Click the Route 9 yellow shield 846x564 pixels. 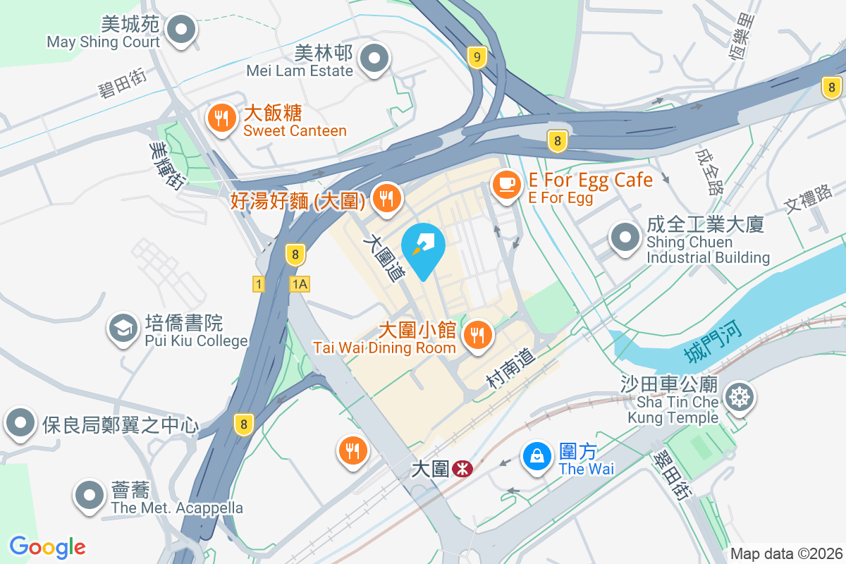click(x=477, y=57)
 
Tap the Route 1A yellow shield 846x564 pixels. click(x=299, y=283)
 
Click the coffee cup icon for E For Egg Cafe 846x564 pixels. click(x=505, y=185)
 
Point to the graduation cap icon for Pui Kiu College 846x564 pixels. click(x=123, y=328)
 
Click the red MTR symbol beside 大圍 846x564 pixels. click(x=462, y=468)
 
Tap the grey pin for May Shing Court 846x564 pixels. click(x=182, y=30)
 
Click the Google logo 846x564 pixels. click(x=47, y=547)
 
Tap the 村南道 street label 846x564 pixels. click(x=511, y=369)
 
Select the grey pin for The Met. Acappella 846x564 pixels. click(x=90, y=495)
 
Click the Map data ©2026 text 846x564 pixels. click(x=786, y=554)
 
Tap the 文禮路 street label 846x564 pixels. click(x=808, y=200)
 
